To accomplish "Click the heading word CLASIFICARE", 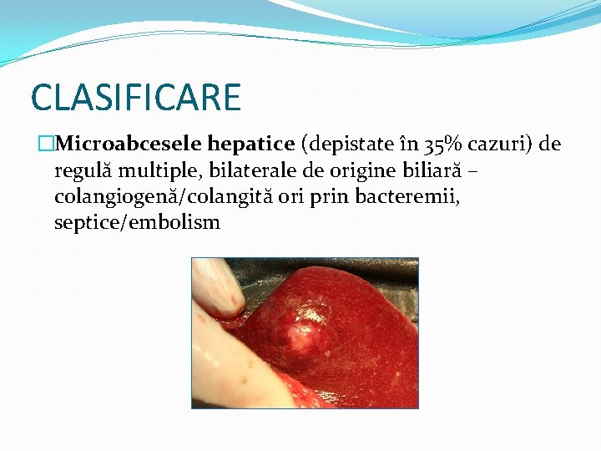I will [135, 97].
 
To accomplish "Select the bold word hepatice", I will [250, 144].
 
